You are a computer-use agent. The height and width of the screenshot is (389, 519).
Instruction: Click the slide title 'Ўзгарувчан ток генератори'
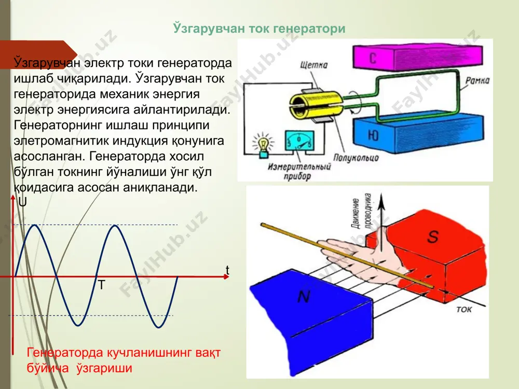click(259, 29)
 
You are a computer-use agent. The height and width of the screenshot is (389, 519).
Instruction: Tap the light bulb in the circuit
click(264, 145)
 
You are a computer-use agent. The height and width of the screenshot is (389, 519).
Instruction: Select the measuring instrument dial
click(299, 141)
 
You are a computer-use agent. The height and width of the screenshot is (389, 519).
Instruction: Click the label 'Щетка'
click(314, 64)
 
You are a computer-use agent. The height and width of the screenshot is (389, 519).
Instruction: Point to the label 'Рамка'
click(477, 80)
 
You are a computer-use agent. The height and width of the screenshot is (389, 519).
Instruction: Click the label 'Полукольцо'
click(356, 158)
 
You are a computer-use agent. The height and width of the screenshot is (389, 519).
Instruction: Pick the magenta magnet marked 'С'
click(418, 57)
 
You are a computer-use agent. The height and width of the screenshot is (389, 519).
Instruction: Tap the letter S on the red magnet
click(433, 236)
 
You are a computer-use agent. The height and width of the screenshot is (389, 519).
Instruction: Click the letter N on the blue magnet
click(304, 296)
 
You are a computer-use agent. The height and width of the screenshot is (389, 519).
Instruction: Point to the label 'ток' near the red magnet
click(463, 309)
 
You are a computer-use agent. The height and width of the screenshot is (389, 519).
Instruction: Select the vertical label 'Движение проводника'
click(361, 212)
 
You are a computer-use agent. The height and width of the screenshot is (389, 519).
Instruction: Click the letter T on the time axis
click(102, 285)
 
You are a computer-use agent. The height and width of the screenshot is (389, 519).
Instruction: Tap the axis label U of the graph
click(22, 202)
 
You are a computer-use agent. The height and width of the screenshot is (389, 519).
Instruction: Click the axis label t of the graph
click(227, 270)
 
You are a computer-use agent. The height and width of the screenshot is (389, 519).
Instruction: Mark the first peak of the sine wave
click(34, 225)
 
